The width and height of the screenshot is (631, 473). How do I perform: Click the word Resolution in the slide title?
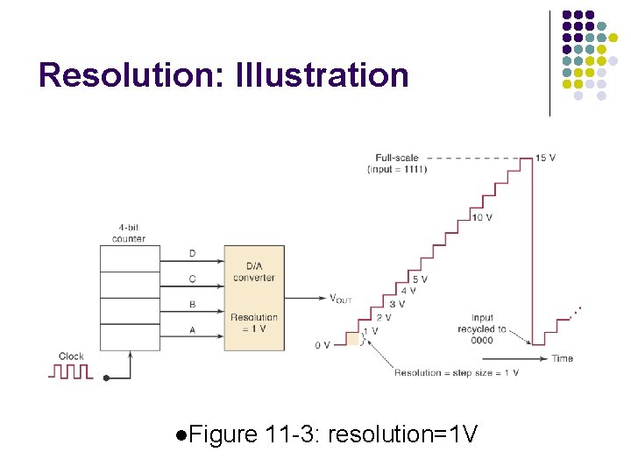[x=131, y=75]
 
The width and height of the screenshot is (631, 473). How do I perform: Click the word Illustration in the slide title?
[x=322, y=75]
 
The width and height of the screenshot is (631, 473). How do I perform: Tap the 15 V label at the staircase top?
[x=545, y=158]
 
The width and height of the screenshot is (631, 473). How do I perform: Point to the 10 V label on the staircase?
[x=481, y=217]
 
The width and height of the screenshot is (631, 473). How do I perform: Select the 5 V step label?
[x=420, y=279]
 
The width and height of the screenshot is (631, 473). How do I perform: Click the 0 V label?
[x=323, y=345]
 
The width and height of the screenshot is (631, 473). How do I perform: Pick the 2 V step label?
[x=384, y=317]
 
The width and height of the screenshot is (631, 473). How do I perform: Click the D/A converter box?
[x=254, y=298]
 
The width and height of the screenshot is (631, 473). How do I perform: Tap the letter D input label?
[x=193, y=254]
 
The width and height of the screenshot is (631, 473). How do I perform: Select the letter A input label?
[x=193, y=331]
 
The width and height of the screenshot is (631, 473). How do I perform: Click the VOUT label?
[x=340, y=299]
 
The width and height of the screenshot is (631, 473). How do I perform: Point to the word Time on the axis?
[x=562, y=358]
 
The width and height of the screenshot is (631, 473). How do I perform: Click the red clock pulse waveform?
[x=70, y=371]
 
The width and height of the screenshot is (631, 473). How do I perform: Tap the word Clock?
[x=71, y=357]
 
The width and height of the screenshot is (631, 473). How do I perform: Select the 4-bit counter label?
[x=129, y=233]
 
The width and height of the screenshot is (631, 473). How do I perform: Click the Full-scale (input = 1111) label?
[x=397, y=163]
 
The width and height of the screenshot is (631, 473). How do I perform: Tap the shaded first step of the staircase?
[x=353, y=338]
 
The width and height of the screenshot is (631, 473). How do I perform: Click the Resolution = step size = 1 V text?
[x=456, y=372]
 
